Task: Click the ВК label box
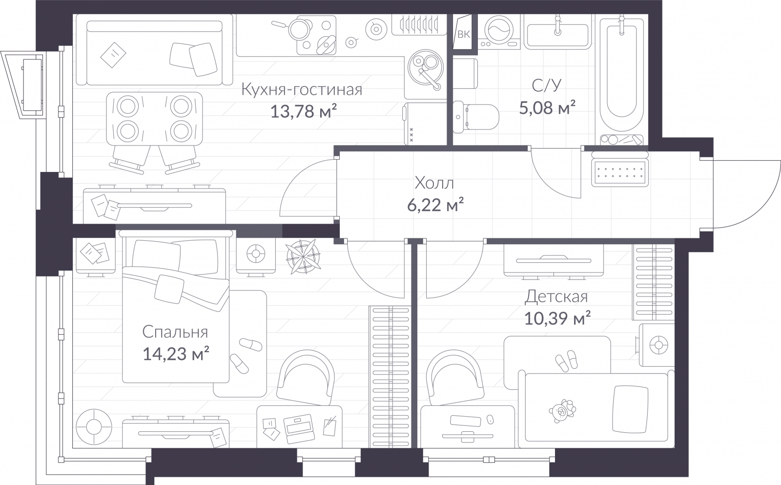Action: [x=463, y=34]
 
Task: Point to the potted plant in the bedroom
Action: [x=303, y=256]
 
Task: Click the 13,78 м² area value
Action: [x=304, y=112]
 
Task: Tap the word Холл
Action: [x=434, y=183]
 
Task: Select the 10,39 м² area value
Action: [x=557, y=318]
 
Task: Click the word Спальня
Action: [x=175, y=332]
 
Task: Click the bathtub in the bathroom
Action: [x=621, y=73]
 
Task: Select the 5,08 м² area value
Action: [x=547, y=107]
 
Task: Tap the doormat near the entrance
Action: [x=619, y=171]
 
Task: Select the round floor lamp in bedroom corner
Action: [x=92, y=426]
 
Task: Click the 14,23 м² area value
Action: [x=176, y=353]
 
